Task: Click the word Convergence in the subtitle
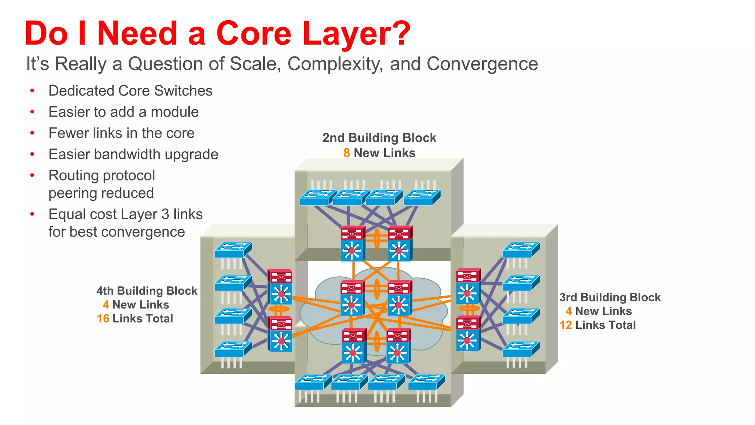click(x=482, y=64)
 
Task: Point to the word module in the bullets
click(x=175, y=112)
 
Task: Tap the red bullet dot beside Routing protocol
click(x=32, y=175)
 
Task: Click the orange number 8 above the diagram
click(x=347, y=153)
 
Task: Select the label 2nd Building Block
click(x=379, y=138)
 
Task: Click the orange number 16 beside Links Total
click(x=103, y=319)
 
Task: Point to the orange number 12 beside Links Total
click(x=566, y=325)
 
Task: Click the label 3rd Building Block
click(x=610, y=297)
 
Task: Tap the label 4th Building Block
click(x=147, y=291)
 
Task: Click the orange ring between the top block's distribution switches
click(x=377, y=238)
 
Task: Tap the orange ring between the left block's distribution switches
click(x=280, y=308)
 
